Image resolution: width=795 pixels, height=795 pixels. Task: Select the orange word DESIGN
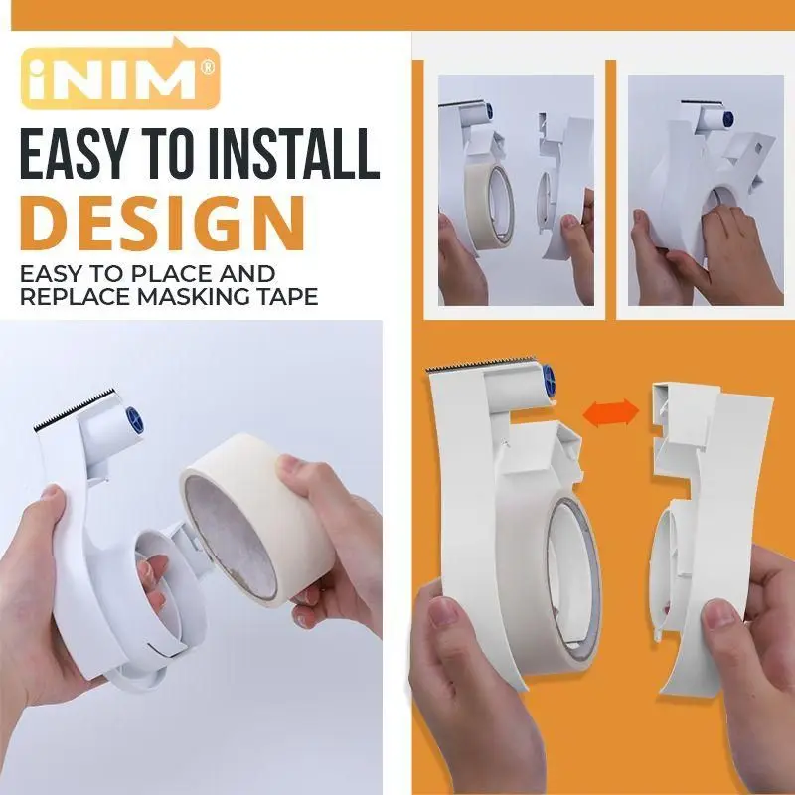(x=163, y=224)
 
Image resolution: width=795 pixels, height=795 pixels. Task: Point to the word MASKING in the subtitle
(x=208, y=296)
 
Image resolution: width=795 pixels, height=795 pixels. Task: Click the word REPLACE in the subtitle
(x=77, y=296)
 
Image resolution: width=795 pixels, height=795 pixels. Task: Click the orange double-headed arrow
(x=610, y=413)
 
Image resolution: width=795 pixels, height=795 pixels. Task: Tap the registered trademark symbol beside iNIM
(x=208, y=68)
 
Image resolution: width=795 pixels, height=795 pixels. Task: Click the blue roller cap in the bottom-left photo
(x=135, y=420)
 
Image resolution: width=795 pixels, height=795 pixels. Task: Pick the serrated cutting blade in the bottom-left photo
(x=75, y=409)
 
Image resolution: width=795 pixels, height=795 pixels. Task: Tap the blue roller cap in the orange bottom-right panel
(x=549, y=380)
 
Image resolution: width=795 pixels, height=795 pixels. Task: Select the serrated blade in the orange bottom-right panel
(x=481, y=363)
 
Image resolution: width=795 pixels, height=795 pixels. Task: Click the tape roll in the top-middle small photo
(x=489, y=208)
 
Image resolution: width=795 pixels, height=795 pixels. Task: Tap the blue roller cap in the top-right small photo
(x=727, y=119)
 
